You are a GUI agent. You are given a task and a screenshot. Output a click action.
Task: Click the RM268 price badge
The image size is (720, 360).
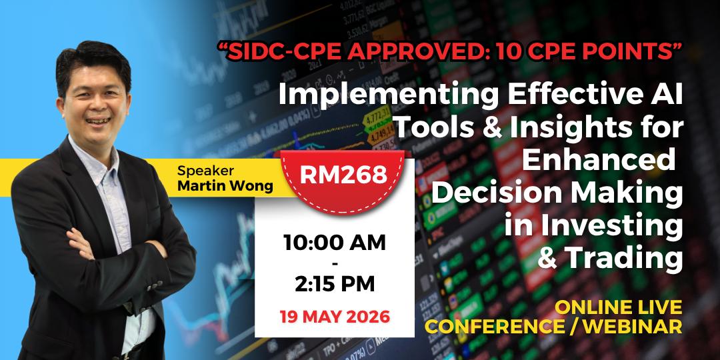point(343,181)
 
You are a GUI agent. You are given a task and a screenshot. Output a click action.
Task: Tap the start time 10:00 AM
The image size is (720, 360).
point(335,243)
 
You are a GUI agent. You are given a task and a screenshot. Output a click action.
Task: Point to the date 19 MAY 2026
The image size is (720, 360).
point(335,317)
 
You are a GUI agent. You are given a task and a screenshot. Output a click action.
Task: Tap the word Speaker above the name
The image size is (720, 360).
point(205,171)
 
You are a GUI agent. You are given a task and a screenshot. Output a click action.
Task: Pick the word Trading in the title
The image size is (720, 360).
point(625,259)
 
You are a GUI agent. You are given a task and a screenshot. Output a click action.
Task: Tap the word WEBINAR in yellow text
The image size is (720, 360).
point(635,326)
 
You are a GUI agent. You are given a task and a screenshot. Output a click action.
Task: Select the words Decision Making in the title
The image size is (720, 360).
point(557,194)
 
